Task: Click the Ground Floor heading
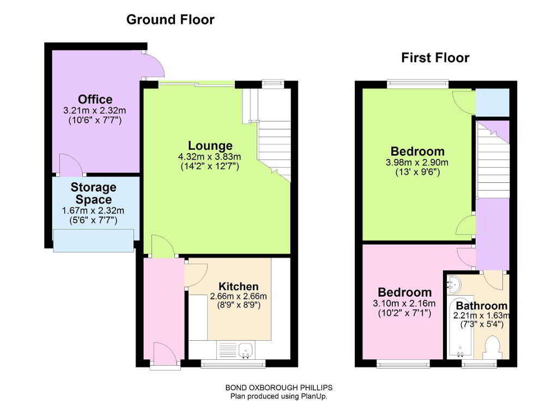170,20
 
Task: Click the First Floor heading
435,58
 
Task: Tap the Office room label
95,99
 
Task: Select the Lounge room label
210,145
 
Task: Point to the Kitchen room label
239,286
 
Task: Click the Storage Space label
93,193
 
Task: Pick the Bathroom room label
482,305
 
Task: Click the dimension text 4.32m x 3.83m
210,156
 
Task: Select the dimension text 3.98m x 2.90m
417,163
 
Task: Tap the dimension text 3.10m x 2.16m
404,303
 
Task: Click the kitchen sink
246,350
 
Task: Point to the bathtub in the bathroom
460,327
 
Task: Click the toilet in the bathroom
493,347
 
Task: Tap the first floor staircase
493,160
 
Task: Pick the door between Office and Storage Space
71,164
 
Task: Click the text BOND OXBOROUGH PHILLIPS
279,388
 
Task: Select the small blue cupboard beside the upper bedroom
493,102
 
